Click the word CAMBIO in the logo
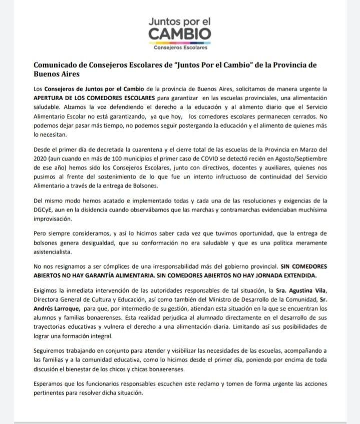(180, 34)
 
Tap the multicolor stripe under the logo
(180, 43)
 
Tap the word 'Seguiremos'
(52, 351)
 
